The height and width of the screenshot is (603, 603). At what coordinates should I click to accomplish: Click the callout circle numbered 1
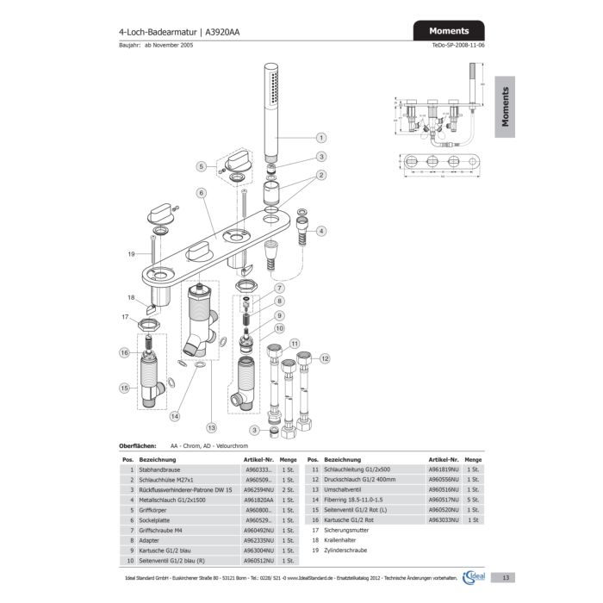[x=320, y=137]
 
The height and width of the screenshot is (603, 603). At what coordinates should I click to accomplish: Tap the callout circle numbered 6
[x=200, y=194]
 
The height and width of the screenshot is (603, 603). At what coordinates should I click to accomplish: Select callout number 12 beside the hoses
[x=325, y=357]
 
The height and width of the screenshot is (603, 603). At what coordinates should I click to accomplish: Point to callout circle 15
[x=126, y=389]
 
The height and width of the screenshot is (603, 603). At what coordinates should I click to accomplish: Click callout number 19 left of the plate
[x=132, y=254]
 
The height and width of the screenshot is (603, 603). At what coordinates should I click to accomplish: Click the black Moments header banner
[x=449, y=31]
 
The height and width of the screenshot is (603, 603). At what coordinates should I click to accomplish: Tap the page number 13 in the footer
[x=507, y=578]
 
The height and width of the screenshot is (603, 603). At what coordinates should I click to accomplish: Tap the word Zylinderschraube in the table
[x=345, y=549]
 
